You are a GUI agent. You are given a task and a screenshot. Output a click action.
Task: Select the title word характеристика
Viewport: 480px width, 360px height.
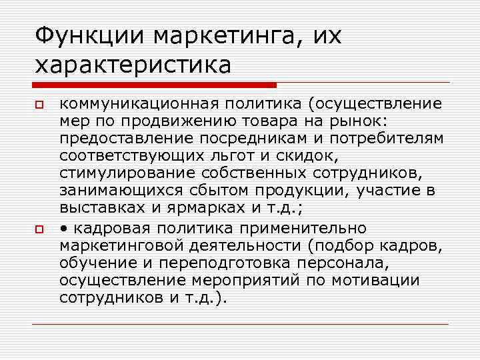133,65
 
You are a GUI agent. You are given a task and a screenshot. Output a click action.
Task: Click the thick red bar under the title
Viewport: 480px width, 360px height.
154,85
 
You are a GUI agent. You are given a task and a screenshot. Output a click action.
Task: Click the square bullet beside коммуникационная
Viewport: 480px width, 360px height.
39,105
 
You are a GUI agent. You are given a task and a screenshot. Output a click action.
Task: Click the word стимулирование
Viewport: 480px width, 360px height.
120,174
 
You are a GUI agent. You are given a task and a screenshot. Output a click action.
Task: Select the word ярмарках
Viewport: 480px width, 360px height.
211,209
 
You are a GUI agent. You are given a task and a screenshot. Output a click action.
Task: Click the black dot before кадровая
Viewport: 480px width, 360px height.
63,227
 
